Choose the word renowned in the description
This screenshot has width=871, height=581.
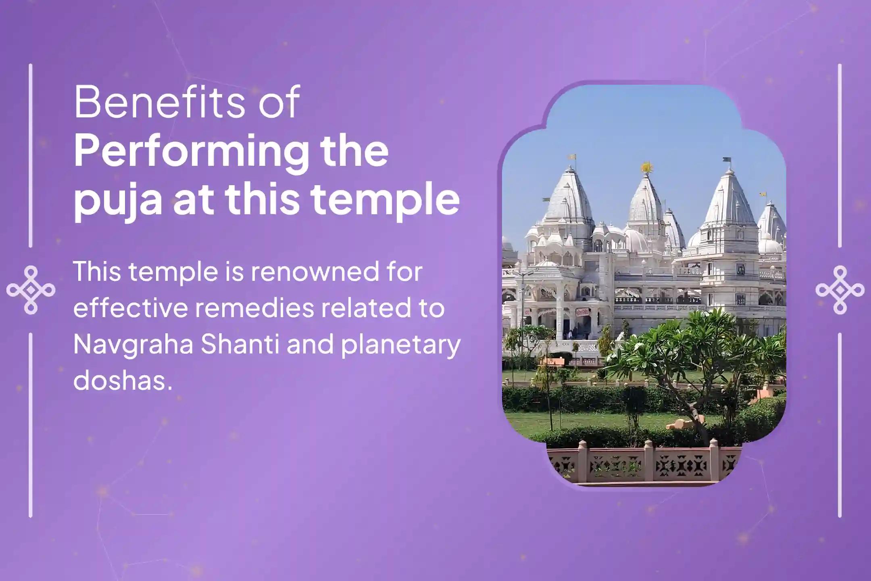point(315,272)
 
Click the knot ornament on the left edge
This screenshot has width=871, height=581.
point(31,290)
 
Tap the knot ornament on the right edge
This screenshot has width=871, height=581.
point(840,290)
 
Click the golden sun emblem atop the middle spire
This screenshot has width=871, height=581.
point(647,167)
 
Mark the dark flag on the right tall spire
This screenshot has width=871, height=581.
point(727,160)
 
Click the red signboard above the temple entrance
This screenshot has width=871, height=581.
point(581,312)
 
